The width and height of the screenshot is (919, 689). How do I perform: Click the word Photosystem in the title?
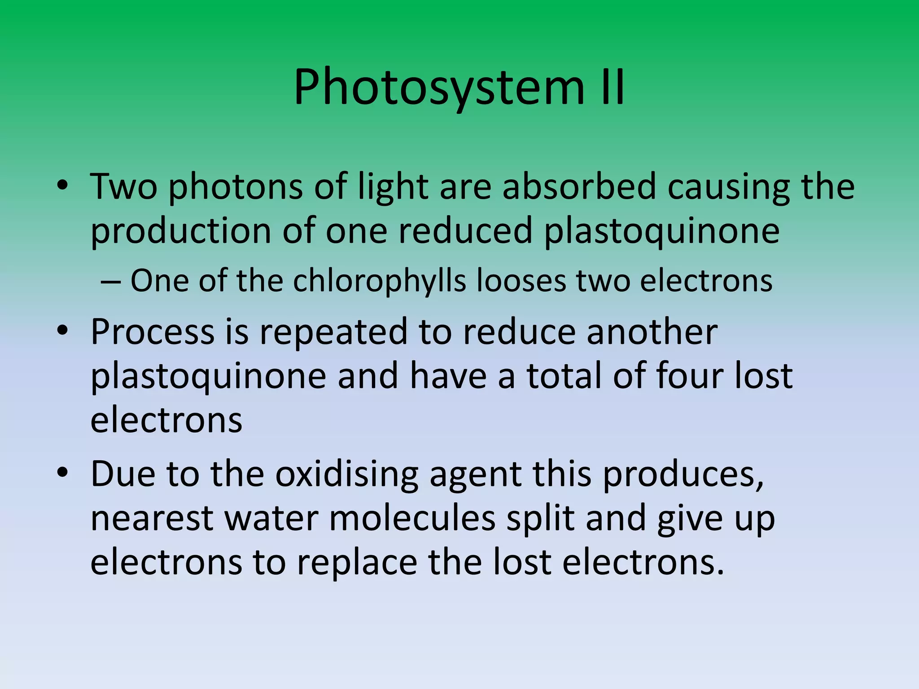[x=439, y=87]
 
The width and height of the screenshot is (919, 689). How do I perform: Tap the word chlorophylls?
[x=380, y=282]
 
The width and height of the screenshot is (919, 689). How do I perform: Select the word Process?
[x=153, y=333]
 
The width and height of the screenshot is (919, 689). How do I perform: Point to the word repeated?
[x=333, y=333]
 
